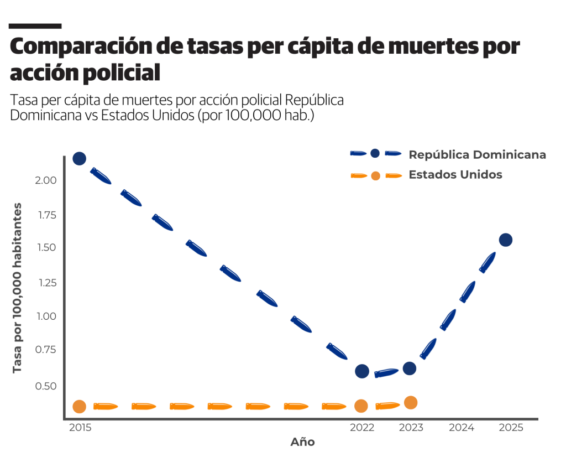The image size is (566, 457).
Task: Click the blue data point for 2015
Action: click(x=79, y=159)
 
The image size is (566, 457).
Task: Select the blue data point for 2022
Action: click(x=362, y=371)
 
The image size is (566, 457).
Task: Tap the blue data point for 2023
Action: click(x=410, y=368)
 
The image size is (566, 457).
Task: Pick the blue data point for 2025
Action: click(x=506, y=240)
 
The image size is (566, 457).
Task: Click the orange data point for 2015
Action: click(x=79, y=407)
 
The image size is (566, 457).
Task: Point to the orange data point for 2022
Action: click(x=361, y=406)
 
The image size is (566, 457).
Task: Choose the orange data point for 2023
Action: click(x=410, y=402)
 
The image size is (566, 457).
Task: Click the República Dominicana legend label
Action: click(x=477, y=155)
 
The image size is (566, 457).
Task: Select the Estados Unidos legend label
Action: click(x=455, y=175)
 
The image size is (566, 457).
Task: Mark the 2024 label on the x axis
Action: click(x=462, y=428)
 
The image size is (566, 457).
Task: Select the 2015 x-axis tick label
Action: click(x=81, y=428)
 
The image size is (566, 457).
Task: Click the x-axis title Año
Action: click(x=303, y=442)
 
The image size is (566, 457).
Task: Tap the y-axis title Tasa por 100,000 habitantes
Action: click(x=18, y=288)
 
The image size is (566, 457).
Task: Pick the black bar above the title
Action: click(x=35, y=26)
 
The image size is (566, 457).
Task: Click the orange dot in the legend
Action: click(x=376, y=175)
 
